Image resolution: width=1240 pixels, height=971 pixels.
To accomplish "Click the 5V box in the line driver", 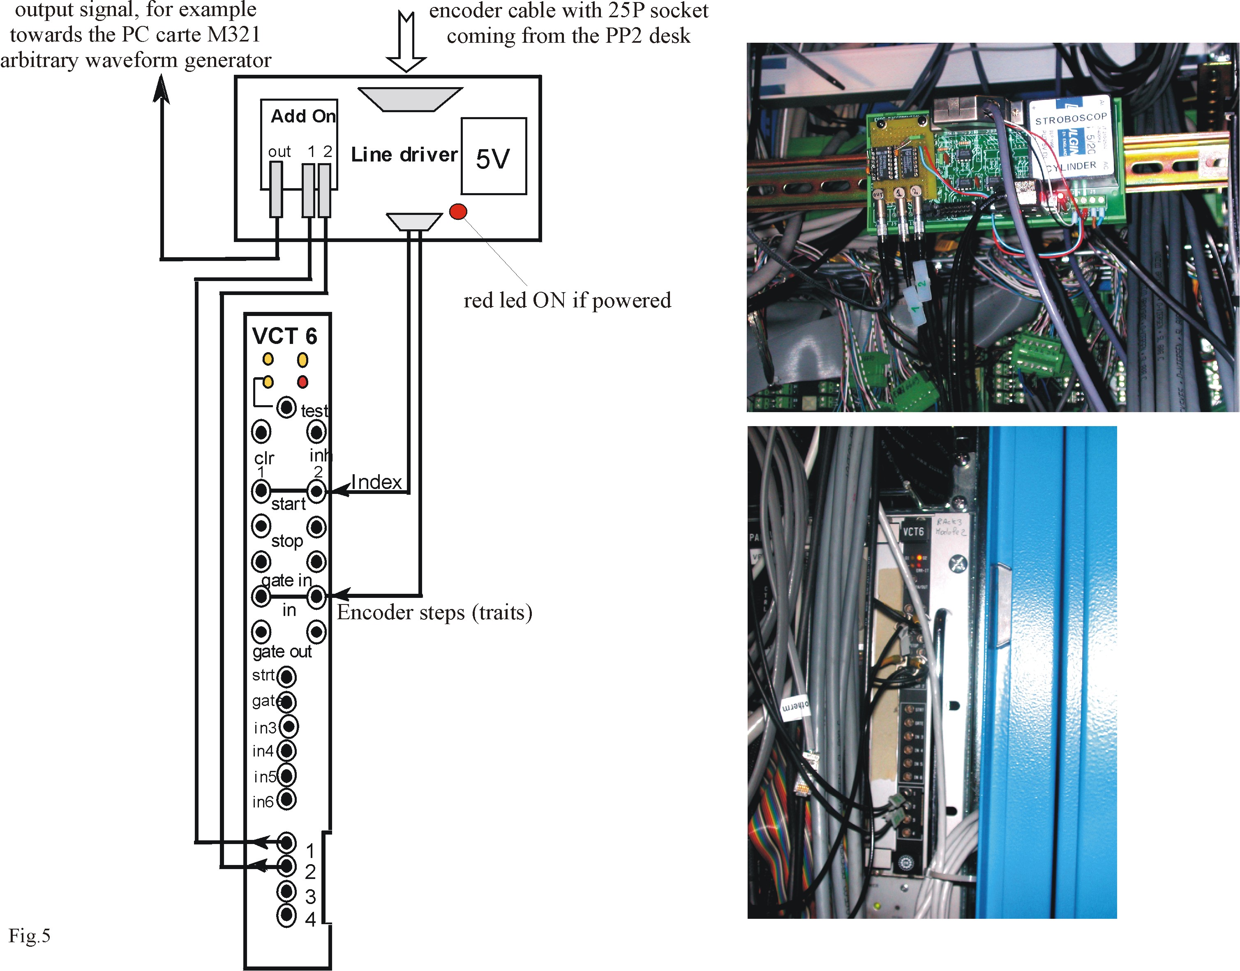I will [x=493, y=157].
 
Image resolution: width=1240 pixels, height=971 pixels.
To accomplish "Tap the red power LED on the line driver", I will [x=458, y=212].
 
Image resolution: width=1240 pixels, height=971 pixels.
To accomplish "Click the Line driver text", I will [x=404, y=155].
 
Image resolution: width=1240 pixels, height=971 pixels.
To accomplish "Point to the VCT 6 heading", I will [x=284, y=337].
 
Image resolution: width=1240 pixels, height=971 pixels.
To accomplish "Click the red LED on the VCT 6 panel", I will [x=302, y=381].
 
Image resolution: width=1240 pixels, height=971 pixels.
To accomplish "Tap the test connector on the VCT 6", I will [x=286, y=407].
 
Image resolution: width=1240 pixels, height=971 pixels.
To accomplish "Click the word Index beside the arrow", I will [x=376, y=482].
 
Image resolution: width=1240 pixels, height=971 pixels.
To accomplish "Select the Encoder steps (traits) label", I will [x=434, y=613].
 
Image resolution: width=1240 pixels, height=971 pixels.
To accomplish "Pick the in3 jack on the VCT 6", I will [x=289, y=726].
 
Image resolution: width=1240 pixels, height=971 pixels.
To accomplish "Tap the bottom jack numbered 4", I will [x=286, y=915].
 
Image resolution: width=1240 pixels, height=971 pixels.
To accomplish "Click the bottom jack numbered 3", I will [x=286, y=891].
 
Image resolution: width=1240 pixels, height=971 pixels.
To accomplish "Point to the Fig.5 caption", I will [x=30, y=936].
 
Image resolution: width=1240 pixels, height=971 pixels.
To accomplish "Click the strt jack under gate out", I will [x=286, y=676].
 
